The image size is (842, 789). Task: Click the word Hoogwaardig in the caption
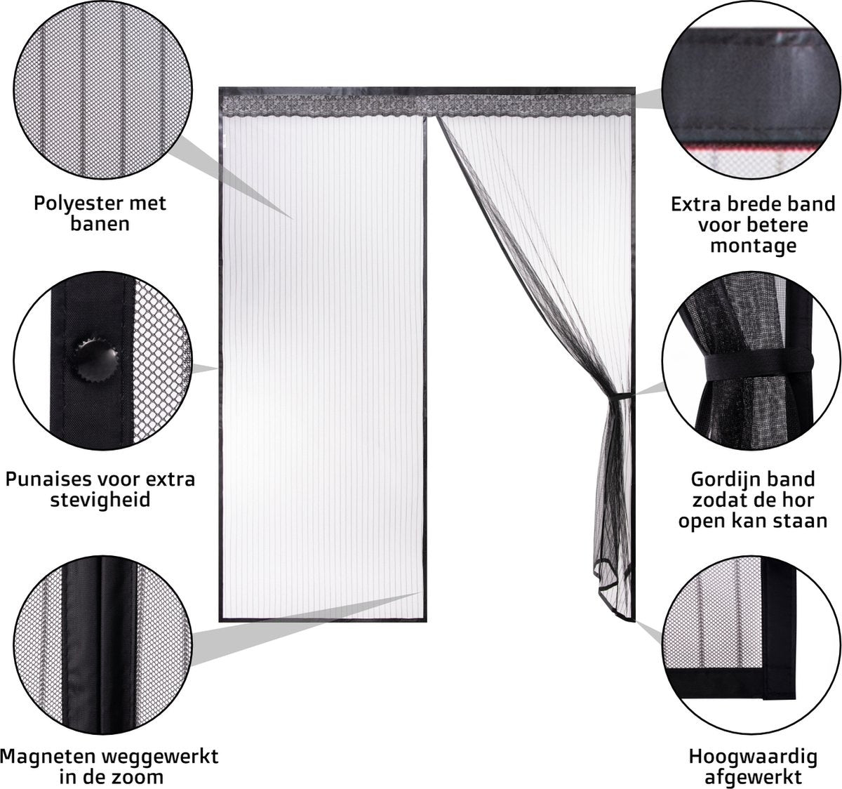pyautogui.click(x=752, y=757)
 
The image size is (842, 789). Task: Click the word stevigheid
pyautogui.click(x=100, y=501)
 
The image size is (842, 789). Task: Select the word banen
pyautogui.click(x=100, y=225)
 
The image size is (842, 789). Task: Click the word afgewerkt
pyautogui.click(x=753, y=777)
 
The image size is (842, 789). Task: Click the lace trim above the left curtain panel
pyautogui.click(x=323, y=106)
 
